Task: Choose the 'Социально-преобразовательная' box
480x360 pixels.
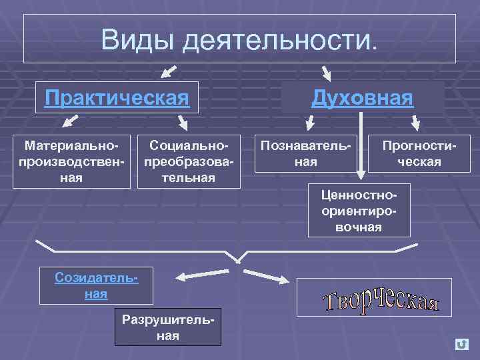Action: [x=189, y=161]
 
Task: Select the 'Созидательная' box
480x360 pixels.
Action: [x=96, y=285]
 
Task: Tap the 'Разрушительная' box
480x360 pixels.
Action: [x=167, y=326]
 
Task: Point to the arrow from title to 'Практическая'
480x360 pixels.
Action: [x=169, y=71]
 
